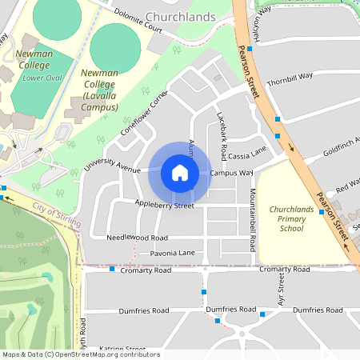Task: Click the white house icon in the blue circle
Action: (x=180, y=173)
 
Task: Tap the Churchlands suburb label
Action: (x=182, y=16)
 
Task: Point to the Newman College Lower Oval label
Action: (x=36, y=65)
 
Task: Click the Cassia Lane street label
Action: (x=247, y=153)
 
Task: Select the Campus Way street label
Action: (x=232, y=172)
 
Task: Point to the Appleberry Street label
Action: (x=164, y=206)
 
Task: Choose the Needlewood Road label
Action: (x=137, y=238)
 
